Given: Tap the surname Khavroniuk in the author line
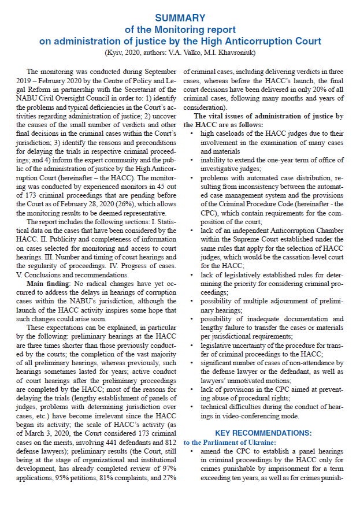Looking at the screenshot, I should [x=235, y=53].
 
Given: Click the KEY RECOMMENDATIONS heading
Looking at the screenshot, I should [x=263, y=432].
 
